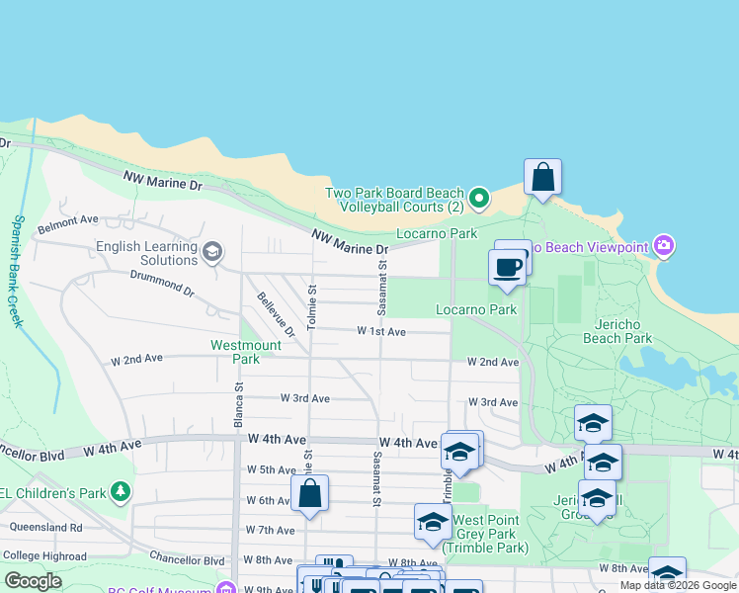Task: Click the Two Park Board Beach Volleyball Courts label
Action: pos(395,201)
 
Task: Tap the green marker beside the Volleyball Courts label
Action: pos(479,200)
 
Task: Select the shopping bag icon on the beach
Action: pos(542,178)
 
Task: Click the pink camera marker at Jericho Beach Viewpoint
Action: pos(664,245)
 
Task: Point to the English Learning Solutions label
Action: pos(147,253)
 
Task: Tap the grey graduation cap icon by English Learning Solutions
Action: pos(211,253)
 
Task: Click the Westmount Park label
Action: pos(246,352)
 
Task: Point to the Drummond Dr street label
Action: pos(162,284)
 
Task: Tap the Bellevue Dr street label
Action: pos(276,314)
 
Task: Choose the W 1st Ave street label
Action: pos(381,331)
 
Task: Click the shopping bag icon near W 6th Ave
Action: pos(309,494)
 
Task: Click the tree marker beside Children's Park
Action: pos(120,490)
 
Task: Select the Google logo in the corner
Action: pos(33,581)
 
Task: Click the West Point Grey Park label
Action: pos(486,534)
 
